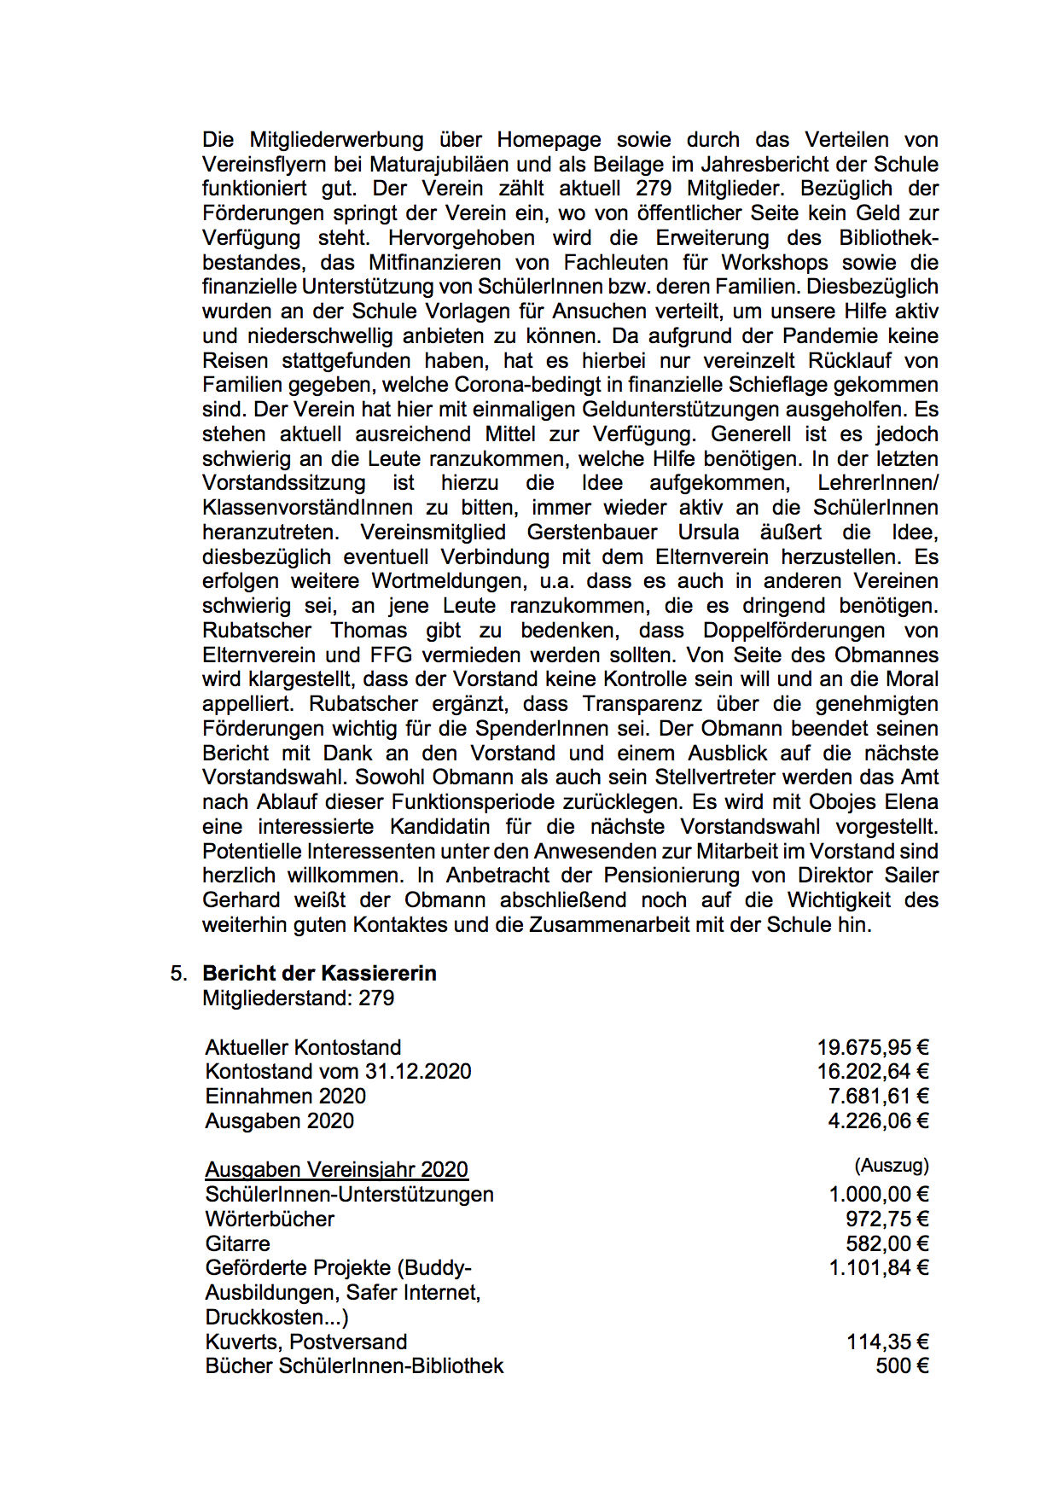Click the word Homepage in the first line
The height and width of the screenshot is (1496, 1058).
549,140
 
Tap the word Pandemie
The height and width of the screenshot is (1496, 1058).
822,336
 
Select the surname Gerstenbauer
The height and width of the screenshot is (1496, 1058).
591,533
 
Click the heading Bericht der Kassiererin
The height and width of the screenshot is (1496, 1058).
319,974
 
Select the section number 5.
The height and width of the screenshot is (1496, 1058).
177,974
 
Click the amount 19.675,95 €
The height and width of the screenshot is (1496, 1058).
872,1047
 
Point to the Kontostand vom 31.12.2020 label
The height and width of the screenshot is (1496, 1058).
338,1072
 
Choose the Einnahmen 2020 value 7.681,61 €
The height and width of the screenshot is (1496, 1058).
878,1097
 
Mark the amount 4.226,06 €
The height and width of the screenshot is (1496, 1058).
878,1121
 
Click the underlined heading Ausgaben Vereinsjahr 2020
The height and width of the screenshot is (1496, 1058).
336,1170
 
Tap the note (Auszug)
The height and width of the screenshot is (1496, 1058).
891,1166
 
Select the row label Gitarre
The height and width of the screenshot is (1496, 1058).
237,1244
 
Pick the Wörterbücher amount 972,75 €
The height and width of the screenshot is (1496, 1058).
887,1220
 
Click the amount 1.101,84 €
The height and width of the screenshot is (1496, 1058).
878,1268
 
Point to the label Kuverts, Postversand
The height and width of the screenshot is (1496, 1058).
305,1342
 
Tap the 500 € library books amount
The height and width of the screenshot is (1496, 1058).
902,1366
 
